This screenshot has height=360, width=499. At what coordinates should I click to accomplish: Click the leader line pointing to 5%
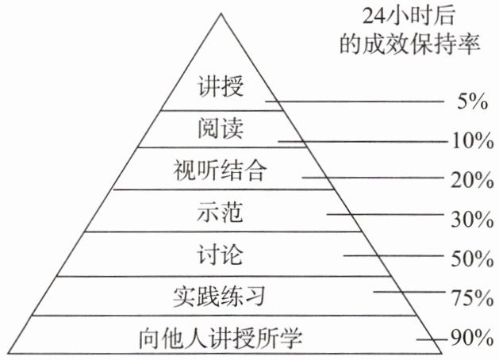[x=357, y=101]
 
